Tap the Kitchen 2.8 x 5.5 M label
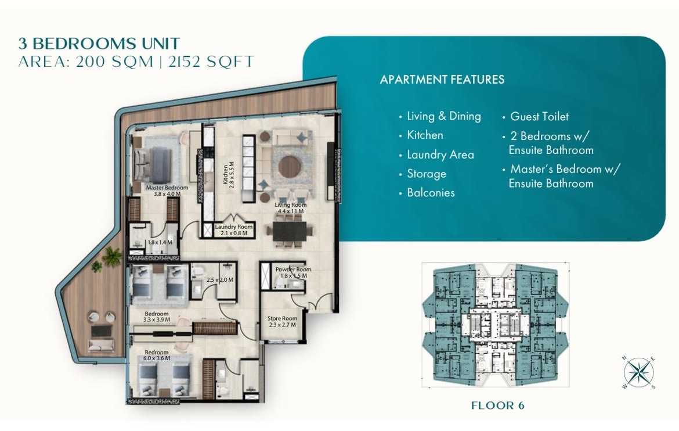click(x=228, y=174)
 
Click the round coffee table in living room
click(x=289, y=167)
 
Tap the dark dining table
click(x=290, y=232)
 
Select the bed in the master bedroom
click(x=153, y=165)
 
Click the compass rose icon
click(x=639, y=372)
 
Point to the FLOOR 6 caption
click(x=497, y=405)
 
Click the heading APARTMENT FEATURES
click(x=442, y=80)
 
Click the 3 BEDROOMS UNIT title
click(x=99, y=44)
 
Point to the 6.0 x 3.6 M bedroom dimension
click(x=157, y=358)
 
